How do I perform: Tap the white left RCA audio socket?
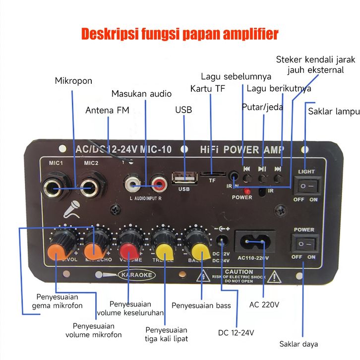(x=133, y=185)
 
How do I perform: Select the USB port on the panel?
(x=184, y=178)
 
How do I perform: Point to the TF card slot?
(x=212, y=174)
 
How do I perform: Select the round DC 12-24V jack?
(x=223, y=242)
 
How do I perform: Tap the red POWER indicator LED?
(x=246, y=190)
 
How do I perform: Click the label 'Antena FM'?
(x=107, y=110)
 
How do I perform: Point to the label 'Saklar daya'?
(x=299, y=344)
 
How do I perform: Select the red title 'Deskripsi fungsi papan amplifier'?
(x=180, y=34)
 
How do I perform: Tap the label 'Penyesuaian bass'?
(x=201, y=305)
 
